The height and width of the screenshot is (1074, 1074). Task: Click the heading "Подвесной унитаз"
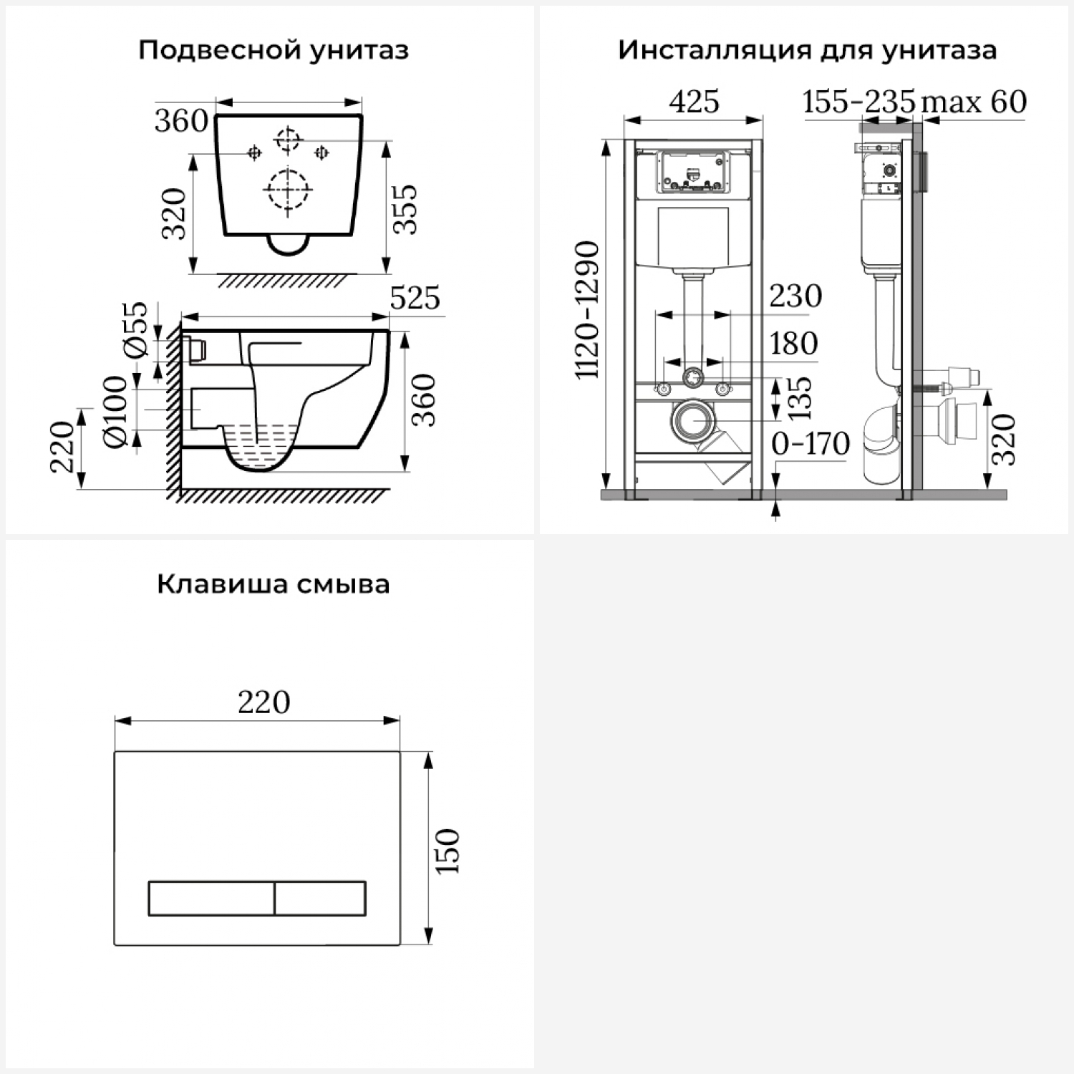click(273, 51)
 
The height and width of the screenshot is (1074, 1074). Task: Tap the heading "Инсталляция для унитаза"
click(807, 50)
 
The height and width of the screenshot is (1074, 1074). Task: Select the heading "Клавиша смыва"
click(273, 584)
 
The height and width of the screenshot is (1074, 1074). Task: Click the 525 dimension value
click(415, 299)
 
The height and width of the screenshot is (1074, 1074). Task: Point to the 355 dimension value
click(405, 209)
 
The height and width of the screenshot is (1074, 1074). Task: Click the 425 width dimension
click(694, 102)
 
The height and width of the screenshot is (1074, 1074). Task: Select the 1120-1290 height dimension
click(588, 310)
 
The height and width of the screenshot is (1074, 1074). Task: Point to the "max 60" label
click(974, 102)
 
